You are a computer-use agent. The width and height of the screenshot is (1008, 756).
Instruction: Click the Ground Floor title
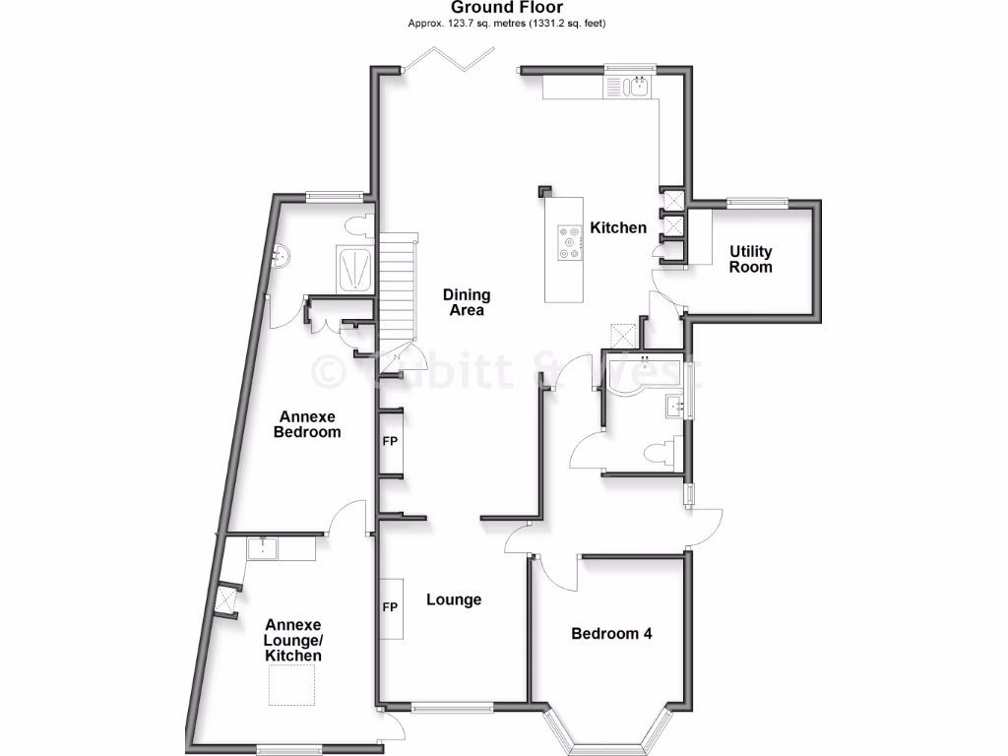tap(507, 8)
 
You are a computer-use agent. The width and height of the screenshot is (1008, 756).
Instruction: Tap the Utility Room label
tap(750, 260)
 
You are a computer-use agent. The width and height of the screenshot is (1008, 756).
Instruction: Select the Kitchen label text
tap(618, 228)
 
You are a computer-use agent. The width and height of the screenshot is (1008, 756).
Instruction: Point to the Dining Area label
tap(467, 302)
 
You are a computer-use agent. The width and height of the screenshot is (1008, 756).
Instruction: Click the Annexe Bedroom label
tap(307, 424)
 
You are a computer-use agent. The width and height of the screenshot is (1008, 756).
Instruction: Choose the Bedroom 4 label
tap(611, 634)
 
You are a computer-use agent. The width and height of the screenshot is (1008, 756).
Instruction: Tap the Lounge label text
tap(454, 599)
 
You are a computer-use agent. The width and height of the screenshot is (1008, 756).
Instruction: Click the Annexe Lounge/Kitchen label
tap(293, 640)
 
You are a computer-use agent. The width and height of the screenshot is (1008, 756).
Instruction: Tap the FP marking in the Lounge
tap(390, 607)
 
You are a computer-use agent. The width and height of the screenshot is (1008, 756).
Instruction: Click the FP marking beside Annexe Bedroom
tap(390, 441)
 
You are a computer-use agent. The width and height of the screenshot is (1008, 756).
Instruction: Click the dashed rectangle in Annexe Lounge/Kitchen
tap(291, 685)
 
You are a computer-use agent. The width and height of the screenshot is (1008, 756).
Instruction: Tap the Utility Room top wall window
tap(757, 204)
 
